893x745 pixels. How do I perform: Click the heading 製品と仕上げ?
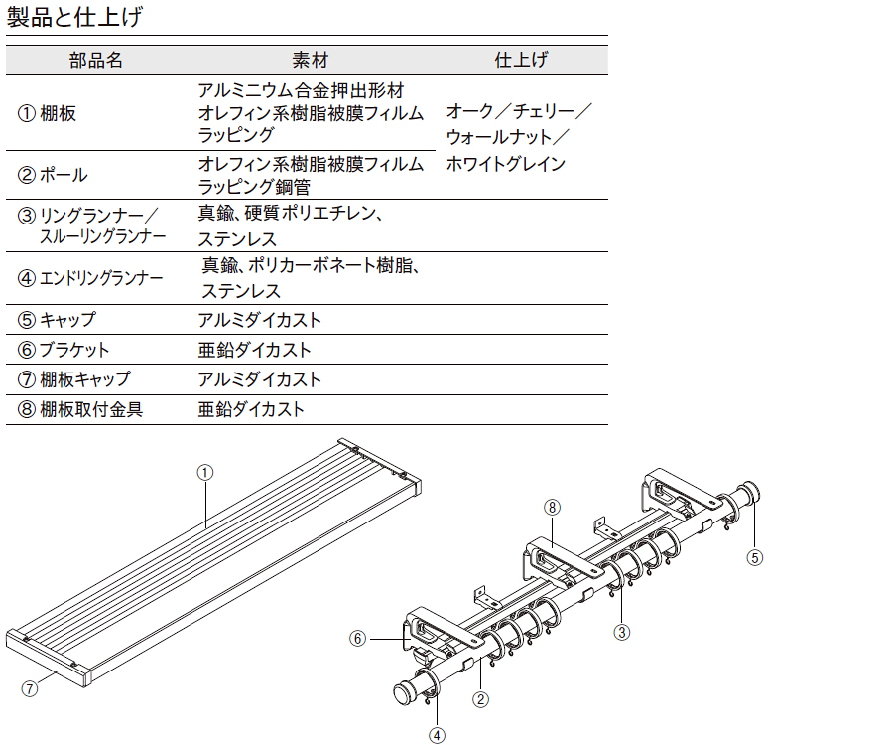[x=74, y=17]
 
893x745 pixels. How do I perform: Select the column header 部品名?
[x=95, y=60]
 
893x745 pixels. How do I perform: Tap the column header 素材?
[x=310, y=60]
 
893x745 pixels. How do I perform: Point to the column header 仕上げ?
[x=521, y=60]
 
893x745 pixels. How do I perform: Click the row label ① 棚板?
[x=47, y=113]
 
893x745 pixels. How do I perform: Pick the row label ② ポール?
[x=53, y=175]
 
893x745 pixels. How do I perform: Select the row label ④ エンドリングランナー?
[x=90, y=278]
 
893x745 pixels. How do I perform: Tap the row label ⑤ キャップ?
[x=57, y=319]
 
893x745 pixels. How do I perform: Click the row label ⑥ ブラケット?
[x=64, y=350]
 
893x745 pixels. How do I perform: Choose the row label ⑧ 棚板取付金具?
[x=79, y=409]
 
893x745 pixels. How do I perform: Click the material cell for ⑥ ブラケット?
[x=255, y=350]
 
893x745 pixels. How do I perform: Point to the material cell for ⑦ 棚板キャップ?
[x=260, y=379]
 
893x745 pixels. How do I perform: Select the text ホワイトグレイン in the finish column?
[x=506, y=164]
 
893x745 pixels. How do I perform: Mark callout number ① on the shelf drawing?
[x=205, y=473]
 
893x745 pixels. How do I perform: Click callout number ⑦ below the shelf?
[x=30, y=688]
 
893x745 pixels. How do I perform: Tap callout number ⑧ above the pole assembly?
[x=552, y=508]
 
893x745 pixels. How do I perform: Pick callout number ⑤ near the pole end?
[x=755, y=557]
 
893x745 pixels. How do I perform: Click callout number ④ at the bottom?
[x=437, y=735]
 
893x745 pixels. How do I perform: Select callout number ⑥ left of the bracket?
[x=357, y=639]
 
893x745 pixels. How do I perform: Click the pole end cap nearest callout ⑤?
[x=749, y=493]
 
